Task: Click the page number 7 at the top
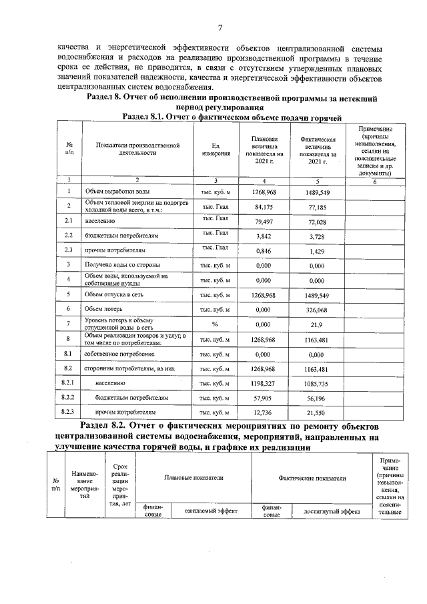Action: tap(220, 27)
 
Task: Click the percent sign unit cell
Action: tap(215, 324)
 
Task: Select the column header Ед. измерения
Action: tap(216, 150)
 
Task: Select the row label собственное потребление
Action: tap(119, 354)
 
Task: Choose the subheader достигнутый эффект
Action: tap(332, 511)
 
